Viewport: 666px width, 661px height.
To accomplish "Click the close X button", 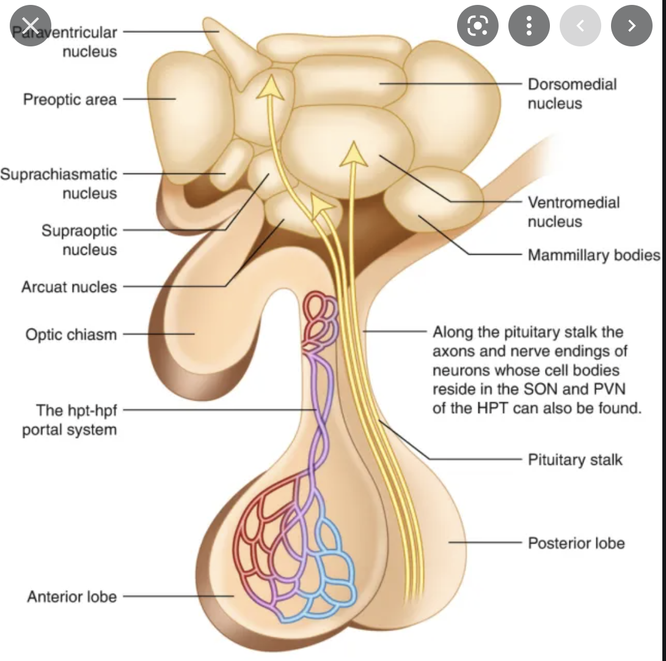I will tap(29, 26).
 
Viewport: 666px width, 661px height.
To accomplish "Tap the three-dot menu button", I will tap(529, 26).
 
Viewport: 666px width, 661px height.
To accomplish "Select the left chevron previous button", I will tap(580, 26).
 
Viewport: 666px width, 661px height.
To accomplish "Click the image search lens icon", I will tap(477, 26).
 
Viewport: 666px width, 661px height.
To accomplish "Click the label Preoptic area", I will tap(70, 99).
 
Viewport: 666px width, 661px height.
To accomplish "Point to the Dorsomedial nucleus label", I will tap(572, 93).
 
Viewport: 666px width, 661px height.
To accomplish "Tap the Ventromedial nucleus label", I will tap(573, 211).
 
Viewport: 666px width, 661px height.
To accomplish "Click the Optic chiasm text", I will tap(71, 335).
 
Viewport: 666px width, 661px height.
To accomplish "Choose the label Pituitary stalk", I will tap(575, 459).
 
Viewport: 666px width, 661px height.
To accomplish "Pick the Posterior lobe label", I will tap(576, 542).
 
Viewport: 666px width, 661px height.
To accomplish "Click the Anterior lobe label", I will tap(71, 597).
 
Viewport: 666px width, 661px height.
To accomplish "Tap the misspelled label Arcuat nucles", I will tap(68, 287).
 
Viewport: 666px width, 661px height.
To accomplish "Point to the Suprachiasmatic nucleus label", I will tap(59, 184).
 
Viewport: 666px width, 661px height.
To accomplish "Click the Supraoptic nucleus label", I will tap(79, 240).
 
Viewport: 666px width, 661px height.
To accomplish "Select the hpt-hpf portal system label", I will tap(69, 420).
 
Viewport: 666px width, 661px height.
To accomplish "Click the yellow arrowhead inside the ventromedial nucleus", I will tap(353, 154).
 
